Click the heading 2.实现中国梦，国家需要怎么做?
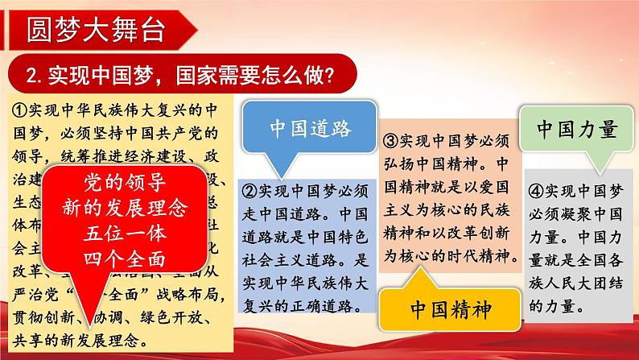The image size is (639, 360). [x=180, y=76]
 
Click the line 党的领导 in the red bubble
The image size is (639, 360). [x=123, y=180]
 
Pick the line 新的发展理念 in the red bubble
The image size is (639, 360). [x=123, y=208]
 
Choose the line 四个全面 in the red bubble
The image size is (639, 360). [x=123, y=261]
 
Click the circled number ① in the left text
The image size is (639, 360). [x=22, y=108]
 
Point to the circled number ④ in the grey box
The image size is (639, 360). [x=535, y=192]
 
